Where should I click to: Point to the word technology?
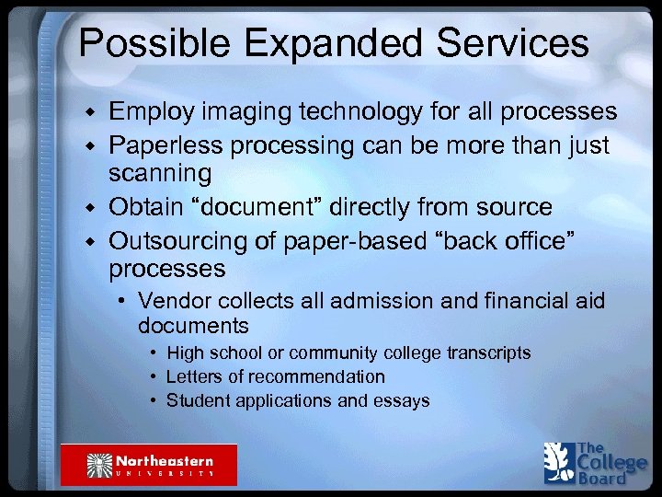350,112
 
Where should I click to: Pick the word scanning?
160,173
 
